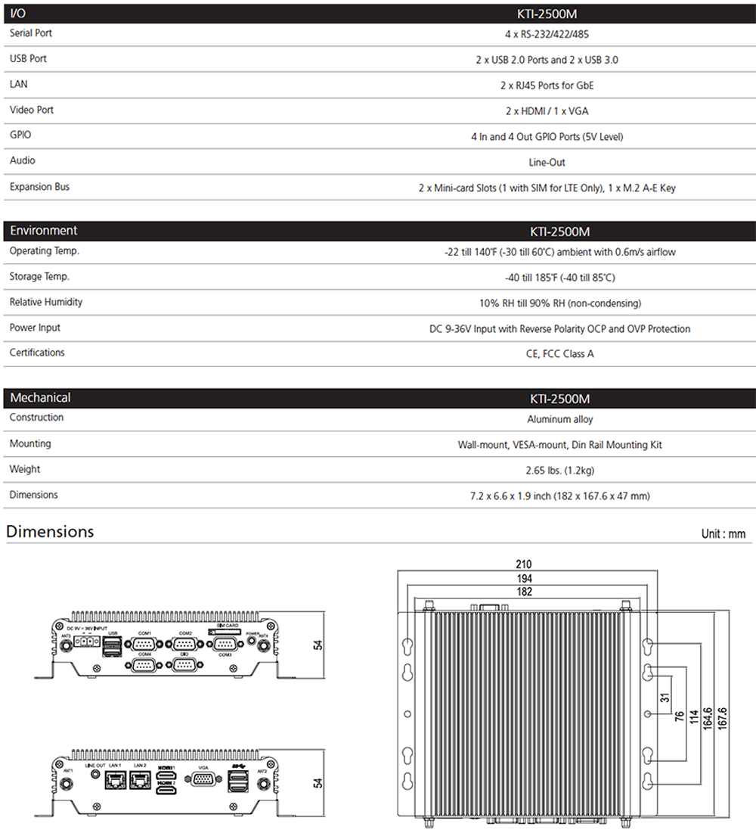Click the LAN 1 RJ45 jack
point(115,781)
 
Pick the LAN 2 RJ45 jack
point(140,781)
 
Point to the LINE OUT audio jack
point(94,775)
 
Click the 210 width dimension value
point(524,564)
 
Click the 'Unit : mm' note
point(723,534)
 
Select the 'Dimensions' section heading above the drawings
point(50,532)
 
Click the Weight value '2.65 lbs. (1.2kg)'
point(559,471)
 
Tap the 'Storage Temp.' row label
point(39,277)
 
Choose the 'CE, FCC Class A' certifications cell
point(559,354)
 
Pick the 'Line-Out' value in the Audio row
point(547,163)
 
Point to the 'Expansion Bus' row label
point(39,187)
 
